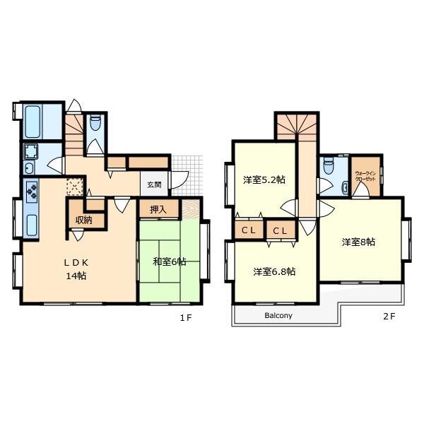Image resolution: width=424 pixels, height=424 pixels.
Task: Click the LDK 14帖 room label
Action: (76, 269)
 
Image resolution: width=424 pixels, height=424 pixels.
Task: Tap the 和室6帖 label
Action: (170, 261)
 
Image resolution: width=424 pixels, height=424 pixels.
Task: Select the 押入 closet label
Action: (158, 209)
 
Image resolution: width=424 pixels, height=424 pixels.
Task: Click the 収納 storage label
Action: (84, 220)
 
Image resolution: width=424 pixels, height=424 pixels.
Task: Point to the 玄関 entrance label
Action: (154, 184)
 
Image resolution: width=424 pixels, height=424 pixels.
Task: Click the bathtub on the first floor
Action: (33, 122)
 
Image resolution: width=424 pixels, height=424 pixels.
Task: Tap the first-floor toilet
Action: (95, 123)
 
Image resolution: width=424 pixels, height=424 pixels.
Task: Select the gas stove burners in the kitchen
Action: (32, 191)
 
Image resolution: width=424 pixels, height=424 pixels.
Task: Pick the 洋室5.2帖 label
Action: (264, 179)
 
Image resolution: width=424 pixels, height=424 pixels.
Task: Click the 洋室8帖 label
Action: (358, 242)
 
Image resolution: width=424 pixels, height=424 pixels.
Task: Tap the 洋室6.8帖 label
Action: (274, 271)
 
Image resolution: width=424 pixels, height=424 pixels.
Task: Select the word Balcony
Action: (278, 315)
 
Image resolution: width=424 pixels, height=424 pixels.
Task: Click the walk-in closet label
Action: (365, 176)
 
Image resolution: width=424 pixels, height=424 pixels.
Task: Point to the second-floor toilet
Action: (328, 165)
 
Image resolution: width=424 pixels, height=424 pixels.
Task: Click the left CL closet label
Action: (249, 230)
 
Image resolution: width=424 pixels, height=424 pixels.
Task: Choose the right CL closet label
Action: (280, 231)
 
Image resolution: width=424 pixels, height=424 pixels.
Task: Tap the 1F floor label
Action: (186, 318)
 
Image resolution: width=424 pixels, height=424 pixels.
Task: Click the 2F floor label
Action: (389, 317)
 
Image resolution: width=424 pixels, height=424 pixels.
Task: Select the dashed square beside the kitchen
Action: (75, 187)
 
